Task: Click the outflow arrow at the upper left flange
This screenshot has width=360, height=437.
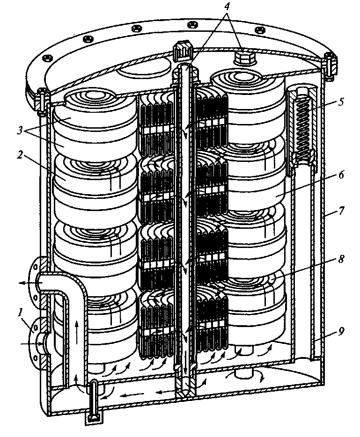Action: (26, 282)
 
